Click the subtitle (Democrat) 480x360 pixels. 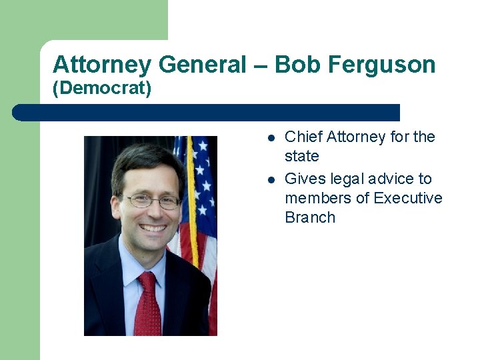(x=102, y=89)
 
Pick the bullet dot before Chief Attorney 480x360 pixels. (x=271, y=138)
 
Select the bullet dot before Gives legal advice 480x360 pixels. (x=271, y=180)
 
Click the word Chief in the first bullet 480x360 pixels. (x=303, y=137)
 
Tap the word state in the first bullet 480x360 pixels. (x=302, y=157)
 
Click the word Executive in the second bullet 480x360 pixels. (x=407, y=199)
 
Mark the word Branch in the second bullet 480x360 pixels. (x=310, y=218)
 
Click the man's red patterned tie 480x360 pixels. (x=147, y=303)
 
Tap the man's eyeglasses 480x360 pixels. (x=153, y=201)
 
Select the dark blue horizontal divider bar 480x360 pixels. (x=207, y=113)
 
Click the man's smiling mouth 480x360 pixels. (x=154, y=228)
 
